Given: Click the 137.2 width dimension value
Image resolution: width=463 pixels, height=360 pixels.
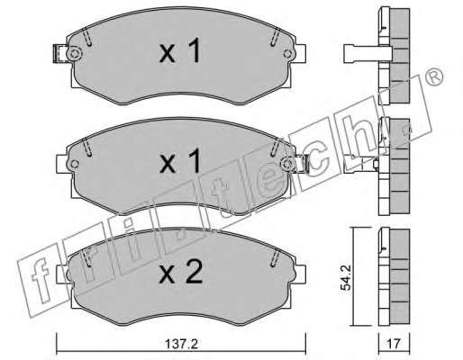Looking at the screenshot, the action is pyautogui.click(x=181, y=344).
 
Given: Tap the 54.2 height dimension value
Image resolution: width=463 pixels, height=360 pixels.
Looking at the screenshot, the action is pyautogui.click(x=346, y=280).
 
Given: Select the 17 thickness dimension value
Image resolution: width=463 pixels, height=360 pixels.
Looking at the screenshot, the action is pyautogui.click(x=394, y=344).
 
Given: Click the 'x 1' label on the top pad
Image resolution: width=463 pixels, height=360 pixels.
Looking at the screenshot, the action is pyautogui.click(x=180, y=51).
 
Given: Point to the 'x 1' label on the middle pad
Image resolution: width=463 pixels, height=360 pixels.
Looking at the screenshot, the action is pyautogui.click(x=180, y=161).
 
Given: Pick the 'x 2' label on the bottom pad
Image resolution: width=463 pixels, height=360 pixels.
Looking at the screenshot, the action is pyautogui.click(x=181, y=272).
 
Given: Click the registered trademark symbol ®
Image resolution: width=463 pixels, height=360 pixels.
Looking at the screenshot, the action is pyautogui.click(x=434, y=76).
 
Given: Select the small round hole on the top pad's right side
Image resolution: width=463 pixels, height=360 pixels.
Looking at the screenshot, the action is pyautogui.click(x=287, y=54).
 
